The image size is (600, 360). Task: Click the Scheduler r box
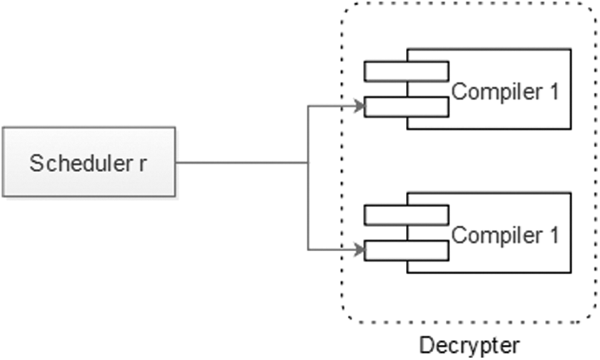(89, 164)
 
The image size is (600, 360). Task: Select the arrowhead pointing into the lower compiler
(358, 249)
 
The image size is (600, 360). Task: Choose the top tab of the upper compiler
(406, 72)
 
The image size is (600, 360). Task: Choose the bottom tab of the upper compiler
(406, 106)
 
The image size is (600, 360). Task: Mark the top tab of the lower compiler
(406, 215)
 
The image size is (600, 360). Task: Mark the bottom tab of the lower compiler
(406, 250)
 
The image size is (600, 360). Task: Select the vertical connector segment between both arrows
(308, 199)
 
